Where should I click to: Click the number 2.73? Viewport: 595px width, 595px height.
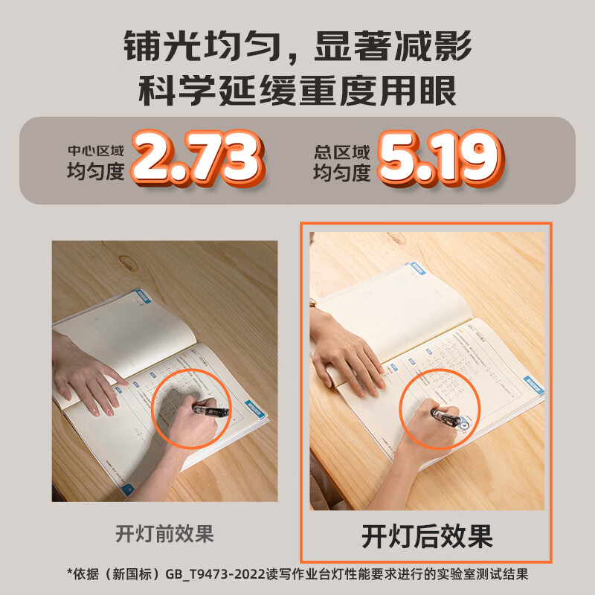click(x=196, y=158)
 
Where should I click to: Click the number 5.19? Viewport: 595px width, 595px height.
click(x=437, y=158)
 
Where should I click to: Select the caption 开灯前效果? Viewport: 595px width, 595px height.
click(x=164, y=533)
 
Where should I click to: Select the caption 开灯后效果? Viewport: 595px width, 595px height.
click(x=427, y=535)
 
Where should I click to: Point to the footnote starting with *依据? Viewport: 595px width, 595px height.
click(x=297, y=575)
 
